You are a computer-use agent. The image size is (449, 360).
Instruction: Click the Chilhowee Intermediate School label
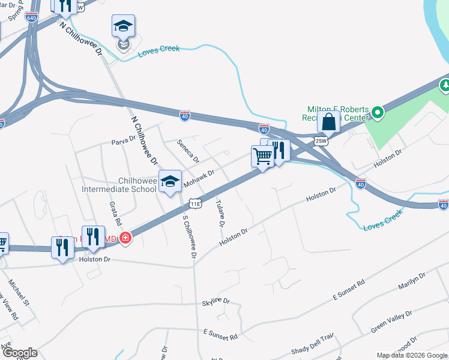pyautogui.click(x=119, y=185)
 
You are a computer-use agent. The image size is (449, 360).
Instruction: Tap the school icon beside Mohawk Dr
pyautogui.click(x=170, y=181)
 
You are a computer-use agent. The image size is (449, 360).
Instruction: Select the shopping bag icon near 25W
pyautogui.click(x=329, y=122)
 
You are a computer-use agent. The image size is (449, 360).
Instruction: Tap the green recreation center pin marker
pyautogui.click(x=377, y=112)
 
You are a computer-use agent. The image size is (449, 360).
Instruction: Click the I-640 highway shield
pyautogui.click(x=32, y=17)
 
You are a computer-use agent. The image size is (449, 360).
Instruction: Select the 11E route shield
pyautogui.click(x=196, y=204)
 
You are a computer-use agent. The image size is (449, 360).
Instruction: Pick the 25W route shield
pyautogui.click(x=321, y=142)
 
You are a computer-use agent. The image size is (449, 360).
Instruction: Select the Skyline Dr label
pyautogui.click(x=215, y=301)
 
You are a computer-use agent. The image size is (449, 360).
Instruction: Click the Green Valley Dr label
pyautogui.click(x=391, y=322)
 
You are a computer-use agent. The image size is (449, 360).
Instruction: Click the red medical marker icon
pyautogui.click(x=125, y=238)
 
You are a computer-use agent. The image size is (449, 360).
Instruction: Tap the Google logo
pyautogui.click(x=20, y=353)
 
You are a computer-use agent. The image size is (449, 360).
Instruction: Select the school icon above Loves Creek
pyautogui.click(x=123, y=27)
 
